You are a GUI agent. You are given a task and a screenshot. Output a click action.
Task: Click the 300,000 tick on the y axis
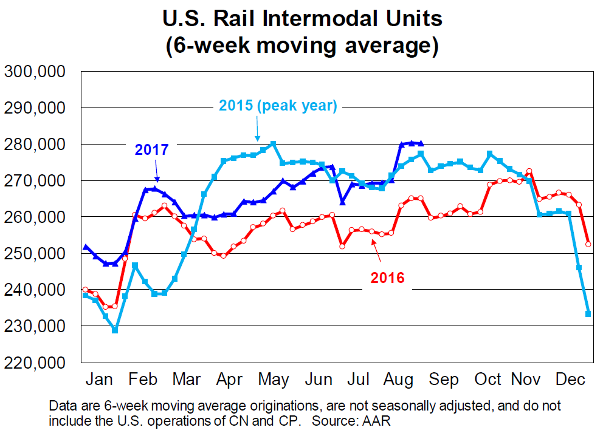tap(35, 72)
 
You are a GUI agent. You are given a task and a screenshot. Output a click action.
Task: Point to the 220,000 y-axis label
tap(35, 363)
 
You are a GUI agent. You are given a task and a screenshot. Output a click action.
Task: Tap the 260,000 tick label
tap(35, 217)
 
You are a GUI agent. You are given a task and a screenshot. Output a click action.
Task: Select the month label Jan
tap(100, 380)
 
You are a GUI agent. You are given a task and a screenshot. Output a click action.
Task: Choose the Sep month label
tap(444, 380)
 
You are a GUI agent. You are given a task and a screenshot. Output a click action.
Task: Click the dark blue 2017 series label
tap(151, 150)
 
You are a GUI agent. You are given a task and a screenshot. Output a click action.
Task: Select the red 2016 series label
tap(387, 278)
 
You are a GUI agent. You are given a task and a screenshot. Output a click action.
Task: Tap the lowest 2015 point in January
tap(115, 330)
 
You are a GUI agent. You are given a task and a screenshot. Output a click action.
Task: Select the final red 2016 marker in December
tap(588, 244)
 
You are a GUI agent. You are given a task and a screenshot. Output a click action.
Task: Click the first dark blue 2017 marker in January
tap(86, 247)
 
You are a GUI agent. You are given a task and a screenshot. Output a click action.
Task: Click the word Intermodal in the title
tap(329, 19)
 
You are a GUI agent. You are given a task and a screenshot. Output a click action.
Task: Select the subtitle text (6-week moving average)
tap(302, 46)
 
